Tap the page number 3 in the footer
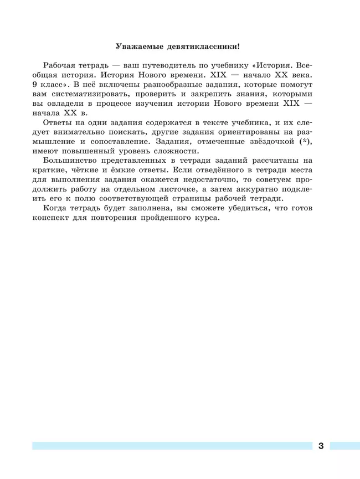coord(321,446)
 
